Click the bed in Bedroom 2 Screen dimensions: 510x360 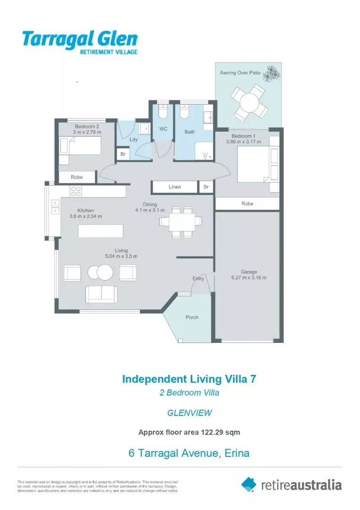click(x=81, y=145)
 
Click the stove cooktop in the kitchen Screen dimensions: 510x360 click(x=75, y=191)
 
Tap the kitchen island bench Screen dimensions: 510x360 click(x=100, y=231)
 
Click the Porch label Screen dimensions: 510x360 click(x=192, y=317)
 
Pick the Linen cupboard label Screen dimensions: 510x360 click(x=175, y=187)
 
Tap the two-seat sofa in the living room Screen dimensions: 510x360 click(x=101, y=294)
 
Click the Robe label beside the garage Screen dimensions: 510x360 click(x=247, y=204)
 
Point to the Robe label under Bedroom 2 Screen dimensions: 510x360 click(x=77, y=177)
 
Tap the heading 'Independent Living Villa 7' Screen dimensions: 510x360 click(x=189, y=379)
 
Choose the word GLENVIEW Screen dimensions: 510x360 click(x=189, y=413)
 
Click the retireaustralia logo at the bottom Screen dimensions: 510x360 click(x=291, y=484)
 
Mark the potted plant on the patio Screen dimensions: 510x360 click(x=272, y=73)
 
